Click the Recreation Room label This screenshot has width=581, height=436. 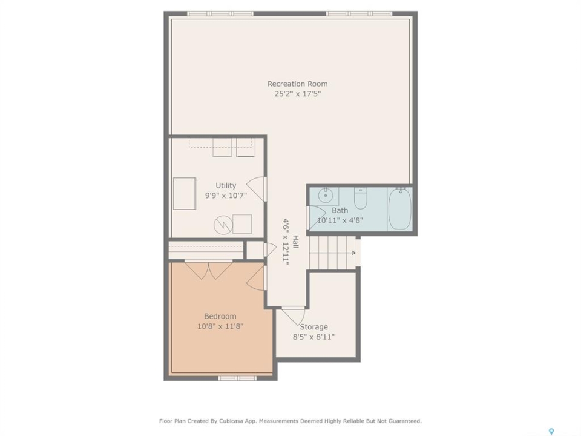[x=298, y=84]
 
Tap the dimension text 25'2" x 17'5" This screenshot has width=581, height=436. [x=298, y=94]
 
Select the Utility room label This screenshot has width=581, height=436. [x=226, y=185]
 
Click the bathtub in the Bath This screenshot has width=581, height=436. [x=400, y=208]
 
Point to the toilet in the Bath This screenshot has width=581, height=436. [x=361, y=199]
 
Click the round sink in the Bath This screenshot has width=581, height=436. [x=326, y=195]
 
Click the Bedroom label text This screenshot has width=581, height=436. [x=220, y=316]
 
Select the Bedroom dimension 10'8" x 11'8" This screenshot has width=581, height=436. [x=220, y=326]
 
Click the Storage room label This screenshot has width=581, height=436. [x=313, y=327]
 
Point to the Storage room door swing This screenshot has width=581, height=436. [x=294, y=316]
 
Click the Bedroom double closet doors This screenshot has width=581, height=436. [x=209, y=270]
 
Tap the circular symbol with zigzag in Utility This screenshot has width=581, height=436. [x=223, y=224]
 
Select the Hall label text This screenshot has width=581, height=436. [x=295, y=242]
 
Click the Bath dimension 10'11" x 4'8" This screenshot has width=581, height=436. [x=340, y=220]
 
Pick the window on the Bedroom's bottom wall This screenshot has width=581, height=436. [x=237, y=378]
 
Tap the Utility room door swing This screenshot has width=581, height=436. [x=257, y=189]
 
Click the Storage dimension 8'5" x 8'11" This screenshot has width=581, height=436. [x=313, y=337]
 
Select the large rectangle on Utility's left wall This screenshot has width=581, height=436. [x=185, y=194]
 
